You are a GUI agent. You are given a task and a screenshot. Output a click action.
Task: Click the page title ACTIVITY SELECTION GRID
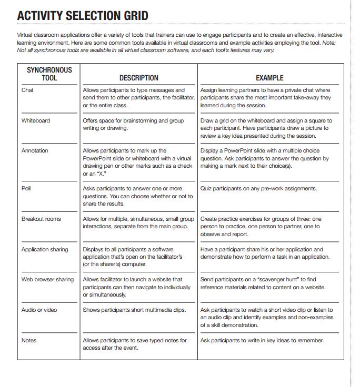[x=83, y=16]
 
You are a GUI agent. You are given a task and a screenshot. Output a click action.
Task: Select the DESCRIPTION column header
[x=138, y=78]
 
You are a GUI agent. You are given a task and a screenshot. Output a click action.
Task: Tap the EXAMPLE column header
[x=269, y=78]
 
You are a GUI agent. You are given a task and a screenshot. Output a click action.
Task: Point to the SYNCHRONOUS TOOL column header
[x=49, y=74]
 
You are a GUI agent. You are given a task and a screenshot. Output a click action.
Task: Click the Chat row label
[x=27, y=90]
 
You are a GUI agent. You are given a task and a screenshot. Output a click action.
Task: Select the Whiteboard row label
[x=36, y=121]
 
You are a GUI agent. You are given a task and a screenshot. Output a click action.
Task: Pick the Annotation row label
[x=35, y=151]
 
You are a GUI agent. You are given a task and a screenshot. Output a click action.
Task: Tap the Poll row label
[x=26, y=189]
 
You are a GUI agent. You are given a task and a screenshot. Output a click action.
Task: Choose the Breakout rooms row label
[x=41, y=219]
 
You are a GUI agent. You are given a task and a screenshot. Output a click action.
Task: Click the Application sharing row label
[x=45, y=250]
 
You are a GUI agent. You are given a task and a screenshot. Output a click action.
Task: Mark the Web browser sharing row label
[x=47, y=280]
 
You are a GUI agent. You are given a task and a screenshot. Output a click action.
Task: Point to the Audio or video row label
[x=39, y=310]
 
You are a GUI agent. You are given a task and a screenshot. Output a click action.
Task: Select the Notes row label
[x=29, y=341]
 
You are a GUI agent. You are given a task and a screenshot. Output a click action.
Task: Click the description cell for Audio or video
[x=135, y=310]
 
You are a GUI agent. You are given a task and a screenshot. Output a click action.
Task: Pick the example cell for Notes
[x=262, y=341]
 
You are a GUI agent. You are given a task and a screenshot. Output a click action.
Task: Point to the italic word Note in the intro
[x=327, y=43]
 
